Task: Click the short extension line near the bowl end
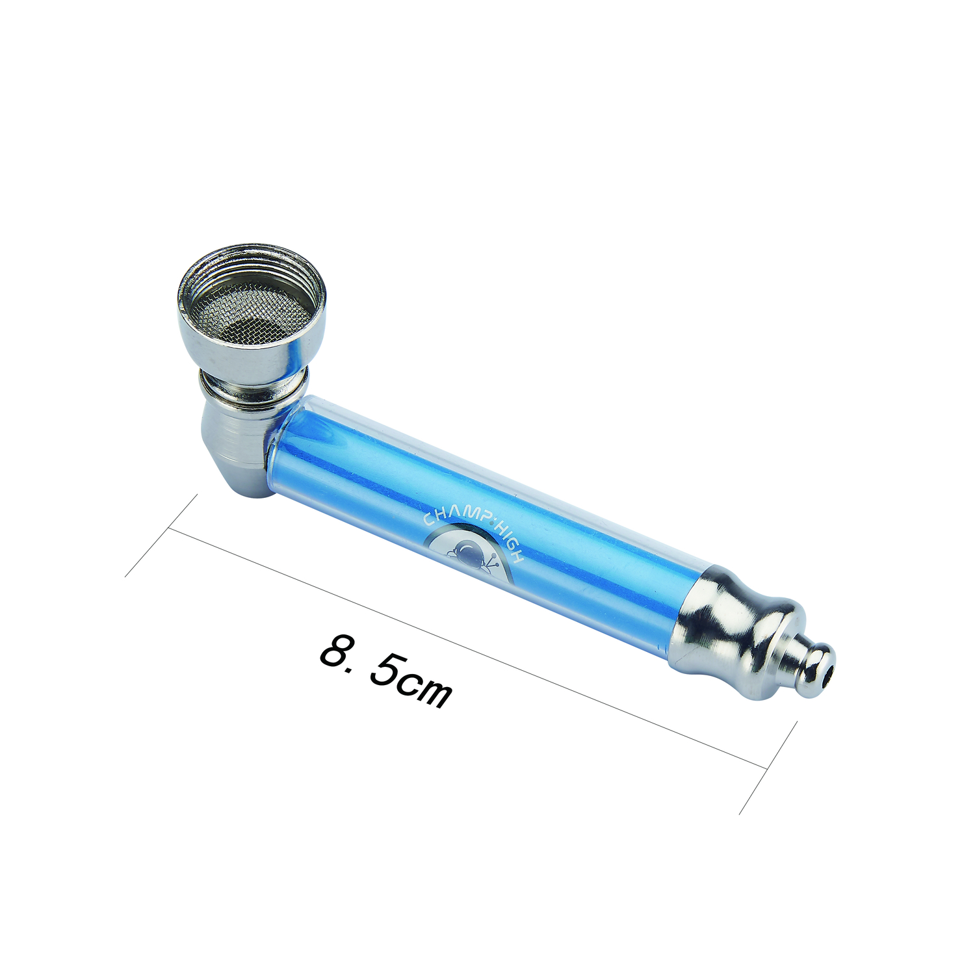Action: [x=161, y=536]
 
